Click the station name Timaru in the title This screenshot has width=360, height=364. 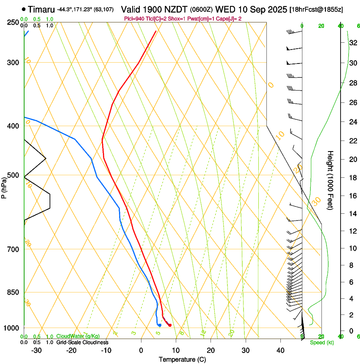pos(42,9)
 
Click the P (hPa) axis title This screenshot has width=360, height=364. pos(4,187)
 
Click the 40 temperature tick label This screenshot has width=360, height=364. pos(280,350)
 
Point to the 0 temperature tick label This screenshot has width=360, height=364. pos(141,350)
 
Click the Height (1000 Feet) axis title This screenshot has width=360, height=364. pos(330,180)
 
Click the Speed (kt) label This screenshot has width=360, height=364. pos(321,342)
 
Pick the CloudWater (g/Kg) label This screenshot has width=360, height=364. pos(78,336)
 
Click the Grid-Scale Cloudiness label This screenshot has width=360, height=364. pos(82,342)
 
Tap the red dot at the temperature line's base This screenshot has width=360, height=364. pos(170,325)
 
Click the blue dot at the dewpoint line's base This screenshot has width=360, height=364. pos(160,325)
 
